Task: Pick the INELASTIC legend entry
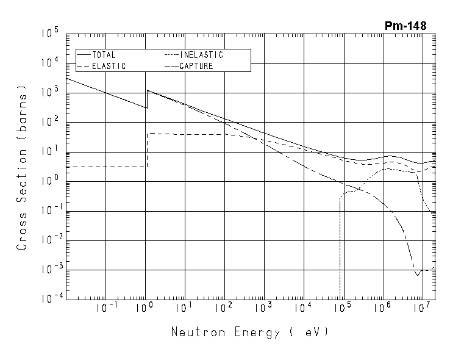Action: (x=201, y=55)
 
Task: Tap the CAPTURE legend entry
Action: (x=196, y=66)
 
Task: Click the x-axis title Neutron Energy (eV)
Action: (x=249, y=333)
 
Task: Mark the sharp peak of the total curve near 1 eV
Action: (x=147, y=90)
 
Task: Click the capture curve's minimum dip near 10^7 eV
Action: (x=418, y=275)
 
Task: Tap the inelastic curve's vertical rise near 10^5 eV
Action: (x=340, y=244)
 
